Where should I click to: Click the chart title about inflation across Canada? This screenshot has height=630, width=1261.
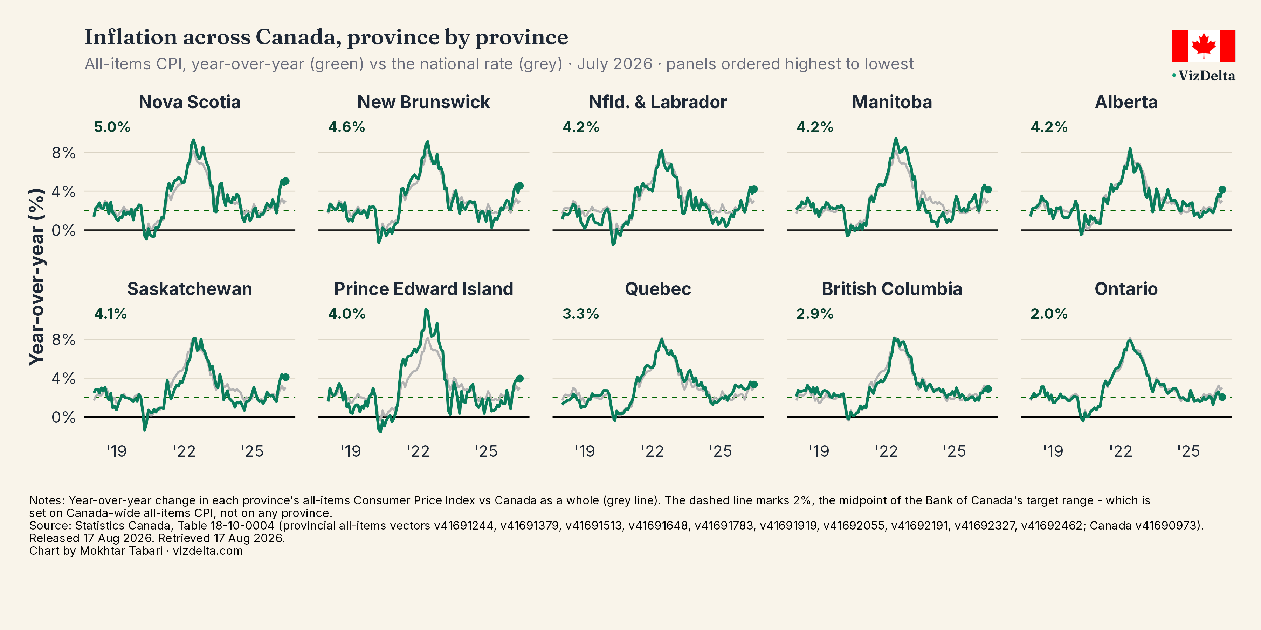point(326,37)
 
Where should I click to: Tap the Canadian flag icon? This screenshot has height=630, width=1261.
point(1203,45)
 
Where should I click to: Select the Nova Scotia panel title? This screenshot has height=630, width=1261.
point(190,102)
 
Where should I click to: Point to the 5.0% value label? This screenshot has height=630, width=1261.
point(112,127)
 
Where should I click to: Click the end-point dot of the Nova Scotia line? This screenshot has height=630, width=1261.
point(286,181)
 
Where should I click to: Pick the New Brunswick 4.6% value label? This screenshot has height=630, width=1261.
point(346,127)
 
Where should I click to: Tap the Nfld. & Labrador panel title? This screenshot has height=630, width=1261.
point(657,102)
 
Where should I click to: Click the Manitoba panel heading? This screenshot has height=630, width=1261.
point(892,102)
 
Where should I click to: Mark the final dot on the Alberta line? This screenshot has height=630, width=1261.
point(1222,189)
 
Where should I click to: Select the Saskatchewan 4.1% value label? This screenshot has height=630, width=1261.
point(111,314)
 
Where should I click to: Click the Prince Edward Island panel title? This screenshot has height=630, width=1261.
point(423,289)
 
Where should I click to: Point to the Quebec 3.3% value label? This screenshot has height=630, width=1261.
point(580,314)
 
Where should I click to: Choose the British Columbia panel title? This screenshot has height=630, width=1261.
point(892,289)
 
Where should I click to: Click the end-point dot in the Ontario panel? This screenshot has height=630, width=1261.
point(1222,397)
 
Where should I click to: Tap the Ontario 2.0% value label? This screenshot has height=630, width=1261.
point(1049,314)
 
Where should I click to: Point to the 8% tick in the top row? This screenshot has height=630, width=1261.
point(64,153)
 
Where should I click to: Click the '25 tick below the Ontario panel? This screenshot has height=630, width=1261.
point(1188,451)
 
